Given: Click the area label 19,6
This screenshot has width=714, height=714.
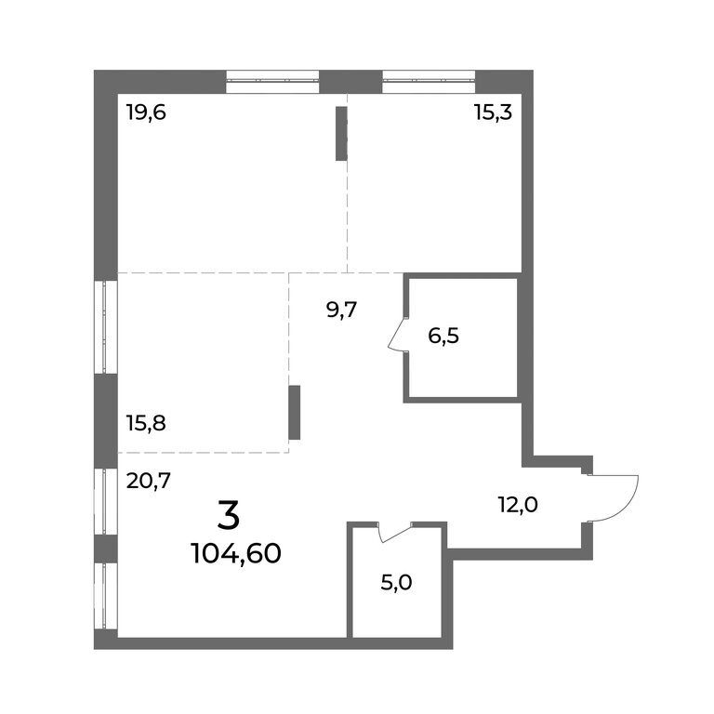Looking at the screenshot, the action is pyautogui.click(x=146, y=112).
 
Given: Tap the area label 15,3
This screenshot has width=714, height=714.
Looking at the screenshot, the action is pyautogui.click(x=493, y=112).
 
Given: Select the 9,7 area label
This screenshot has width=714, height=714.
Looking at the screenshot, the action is pyautogui.click(x=342, y=311).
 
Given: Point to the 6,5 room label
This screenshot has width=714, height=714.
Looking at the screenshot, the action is pyautogui.click(x=443, y=336).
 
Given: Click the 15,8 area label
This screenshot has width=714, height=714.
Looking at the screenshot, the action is pyautogui.click(x=146, y=424).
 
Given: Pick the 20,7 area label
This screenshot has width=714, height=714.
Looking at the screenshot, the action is pyautogui.click(x=149, y=481).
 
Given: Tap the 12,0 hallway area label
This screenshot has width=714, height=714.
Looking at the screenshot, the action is pyautogui.click(x=518, y=505).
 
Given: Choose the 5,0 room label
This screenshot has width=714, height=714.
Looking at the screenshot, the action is pyautogui.click(x=397, y=582).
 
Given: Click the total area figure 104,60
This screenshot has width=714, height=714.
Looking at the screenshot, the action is pyautogui.click(x=237, y=554).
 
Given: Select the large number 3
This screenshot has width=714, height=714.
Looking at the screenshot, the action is pyautogui.click(x=229, y=514).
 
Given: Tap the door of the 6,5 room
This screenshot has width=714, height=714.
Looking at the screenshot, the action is pyautogui.click(x=396, y=334).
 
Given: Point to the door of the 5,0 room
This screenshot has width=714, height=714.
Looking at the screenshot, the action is pyautogui.click(x=395, y=532).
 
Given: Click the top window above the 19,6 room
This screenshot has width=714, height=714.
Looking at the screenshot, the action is pyautogui.click(x=272, y=82).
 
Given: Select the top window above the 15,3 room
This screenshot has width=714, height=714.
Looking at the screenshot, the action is pyautogui.click(x=429, y=82).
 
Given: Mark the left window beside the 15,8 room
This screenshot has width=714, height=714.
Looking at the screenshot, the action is pyautogui.click(x=106, y=327).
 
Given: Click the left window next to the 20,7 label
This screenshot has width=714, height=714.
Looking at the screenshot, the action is pyautogui.click(x=106, y=501).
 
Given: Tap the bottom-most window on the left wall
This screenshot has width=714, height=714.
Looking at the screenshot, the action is pyautogui.click(x=106, y=596).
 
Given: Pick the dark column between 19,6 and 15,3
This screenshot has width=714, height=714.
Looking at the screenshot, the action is pyautogui.click(x=341, y=133).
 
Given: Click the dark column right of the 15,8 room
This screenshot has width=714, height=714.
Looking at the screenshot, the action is pyautogui.click(x=295, y=413).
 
